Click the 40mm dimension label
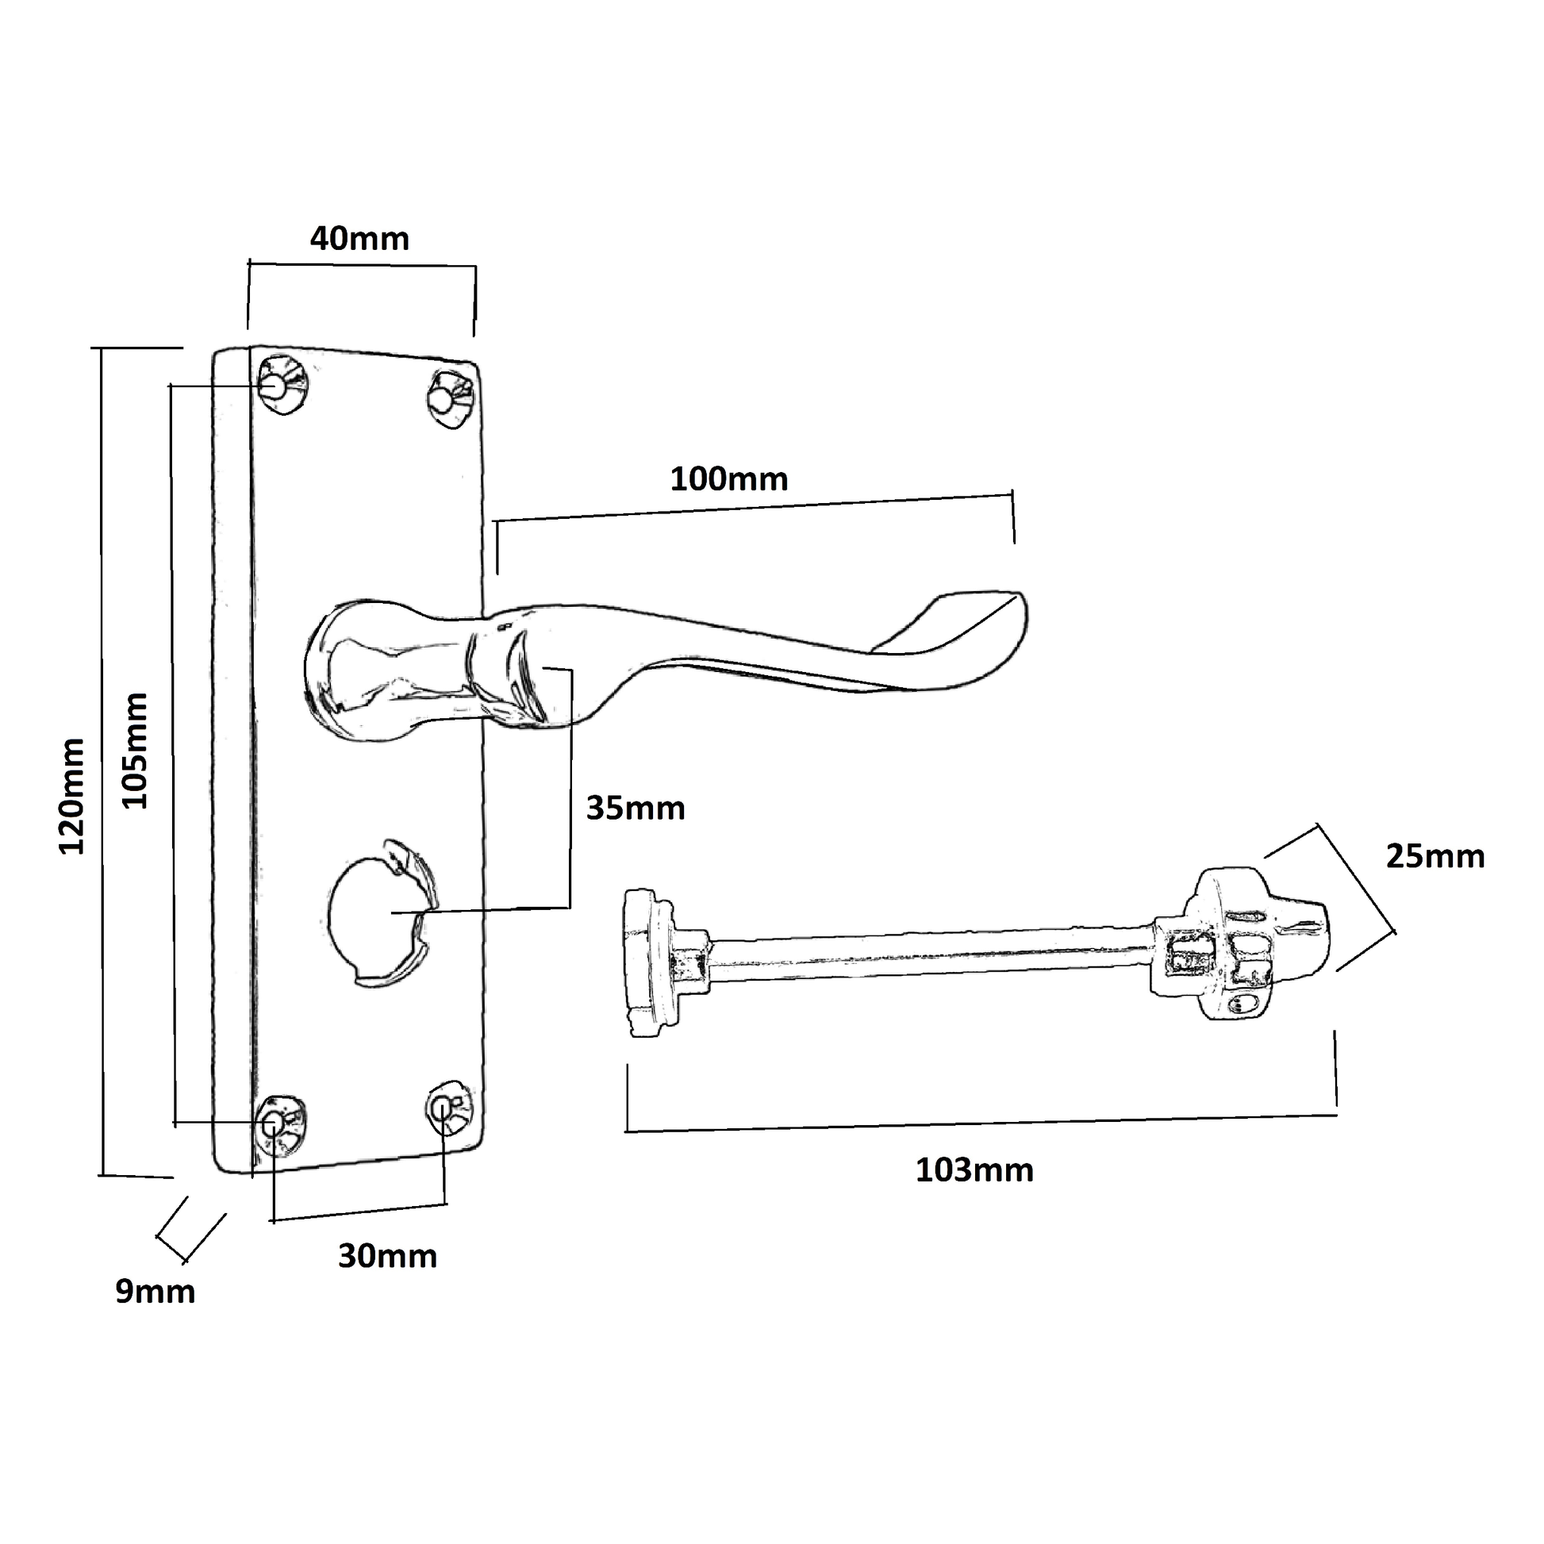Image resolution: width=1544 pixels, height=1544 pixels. tap(359, 239)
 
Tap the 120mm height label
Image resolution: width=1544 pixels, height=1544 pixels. tap(73, 797)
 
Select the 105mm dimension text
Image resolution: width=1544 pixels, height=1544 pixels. tap(135, 751)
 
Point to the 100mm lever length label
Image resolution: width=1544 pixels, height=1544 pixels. tap(729, 479)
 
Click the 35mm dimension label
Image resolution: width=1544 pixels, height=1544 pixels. tap(636, 808)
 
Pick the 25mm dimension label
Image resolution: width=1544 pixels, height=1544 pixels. tap(1435, 857)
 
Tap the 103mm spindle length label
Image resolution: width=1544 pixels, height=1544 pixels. tap(974, 1171)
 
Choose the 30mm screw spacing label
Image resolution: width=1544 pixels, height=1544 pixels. tap(388, 1257)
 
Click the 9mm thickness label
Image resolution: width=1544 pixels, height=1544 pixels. tap(155, 1292)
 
